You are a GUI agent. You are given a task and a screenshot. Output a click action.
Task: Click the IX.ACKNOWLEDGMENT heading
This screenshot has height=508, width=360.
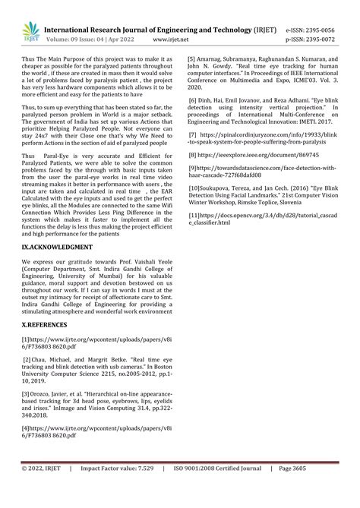click(x=57, y=248)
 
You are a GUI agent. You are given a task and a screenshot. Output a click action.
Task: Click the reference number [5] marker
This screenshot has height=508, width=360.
click(x=191, y=58)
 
